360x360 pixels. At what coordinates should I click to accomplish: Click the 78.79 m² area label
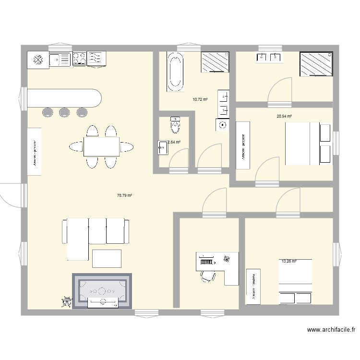pyautogui.click(x=124, y=195)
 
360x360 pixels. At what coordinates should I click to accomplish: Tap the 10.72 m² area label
pyautogui.click(x=200, y=99)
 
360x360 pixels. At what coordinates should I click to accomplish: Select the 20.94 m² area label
pyautogui.click(x=284, y=116)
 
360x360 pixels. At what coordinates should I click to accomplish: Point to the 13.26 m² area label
pyautogui.click(x=289, y=262)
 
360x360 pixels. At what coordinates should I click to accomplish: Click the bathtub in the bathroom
pyautogui.click(x=175, y=72)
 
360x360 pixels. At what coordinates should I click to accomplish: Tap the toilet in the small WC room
pyautogui.click(x=175, y=125)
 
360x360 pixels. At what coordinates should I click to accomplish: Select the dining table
pyautogui.click(x=101, y=146)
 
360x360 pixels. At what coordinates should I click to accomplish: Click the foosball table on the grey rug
pyautogui.click(x=101, y=290)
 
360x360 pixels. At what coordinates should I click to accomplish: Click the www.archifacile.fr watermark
pyautogui.click(x=331, y=330)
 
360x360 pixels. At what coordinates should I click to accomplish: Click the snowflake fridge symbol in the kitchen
pyautogui.click(x=38, y=60)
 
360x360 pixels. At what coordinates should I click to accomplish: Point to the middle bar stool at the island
pyautogui.click(x=65, y=113)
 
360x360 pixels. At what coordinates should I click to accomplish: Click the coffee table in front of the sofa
pyautogui.click(x=107, y=258)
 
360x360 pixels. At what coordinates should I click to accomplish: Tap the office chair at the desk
pyautogui.click(x=208, y=276)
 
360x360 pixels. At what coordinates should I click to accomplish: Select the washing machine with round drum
pyautogui.click(x=222, y=125)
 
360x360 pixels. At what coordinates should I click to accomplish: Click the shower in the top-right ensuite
pyautogui.click(x=316, y=64)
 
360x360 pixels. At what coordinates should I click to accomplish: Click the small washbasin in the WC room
pyautogui.click(x=162, y=146)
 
